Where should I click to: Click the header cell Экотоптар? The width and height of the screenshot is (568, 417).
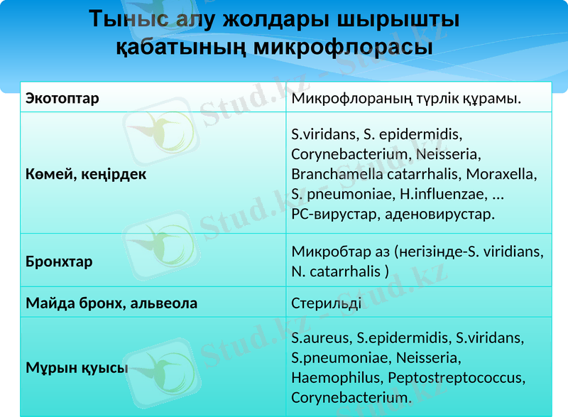coord(62,98)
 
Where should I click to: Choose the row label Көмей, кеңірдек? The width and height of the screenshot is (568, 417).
coord(86,173)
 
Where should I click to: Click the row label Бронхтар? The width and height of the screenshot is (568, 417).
coord(59,261)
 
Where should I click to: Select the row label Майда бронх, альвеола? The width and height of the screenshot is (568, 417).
coord(111,303)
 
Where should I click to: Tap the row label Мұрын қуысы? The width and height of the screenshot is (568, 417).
coord(77,368)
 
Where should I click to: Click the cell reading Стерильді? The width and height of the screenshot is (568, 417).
coord(326,303)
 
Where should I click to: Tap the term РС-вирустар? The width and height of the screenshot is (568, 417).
coord(332,213)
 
